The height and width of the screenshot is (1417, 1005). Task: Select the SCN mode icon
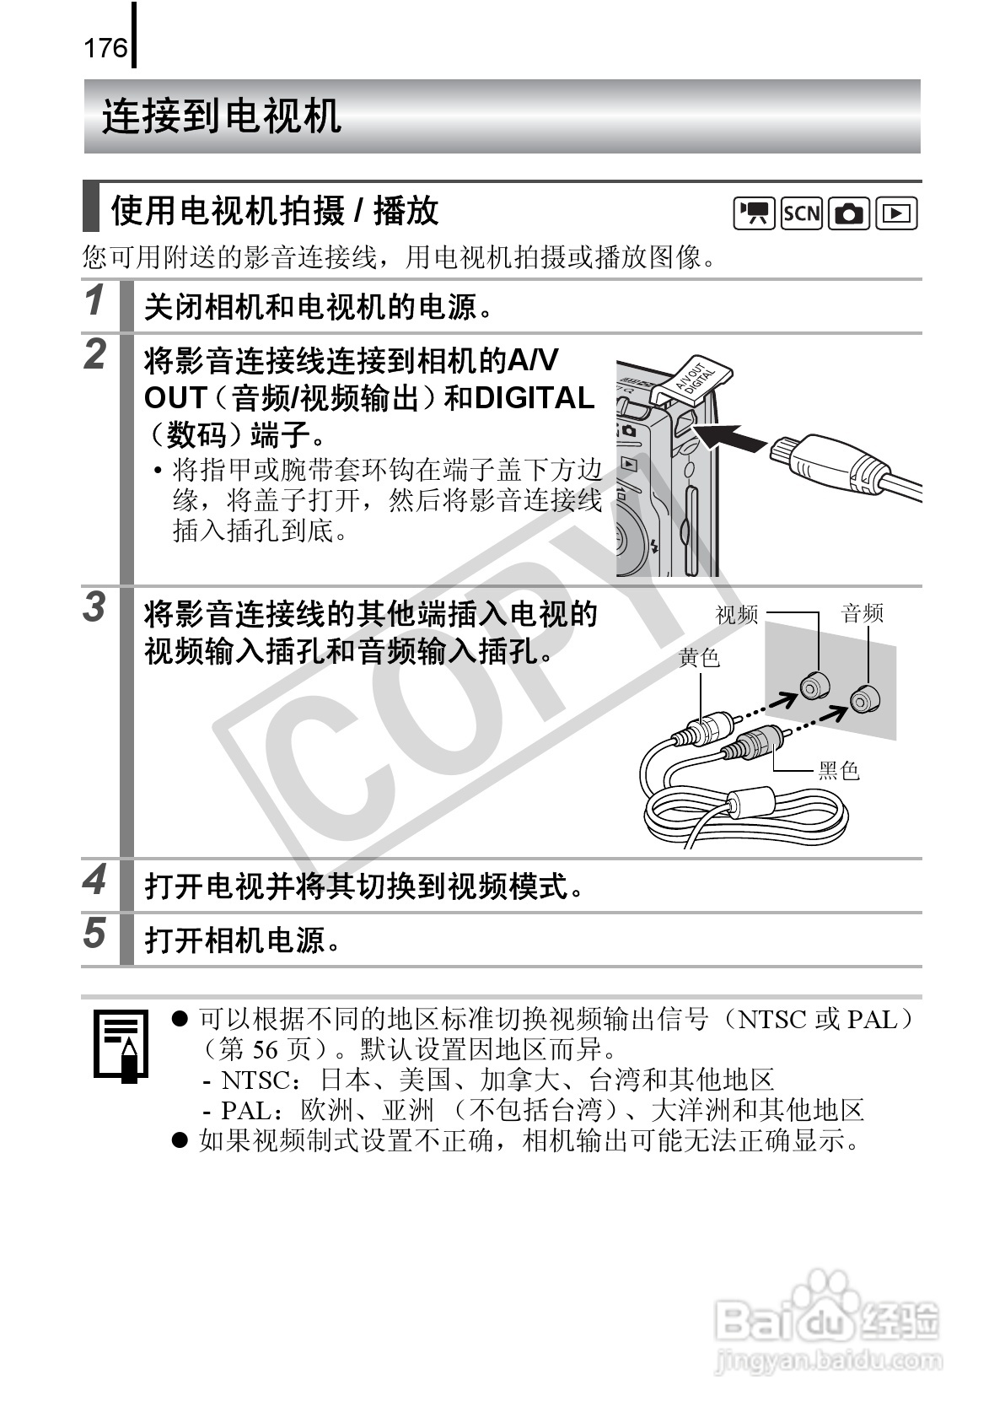[801, 214]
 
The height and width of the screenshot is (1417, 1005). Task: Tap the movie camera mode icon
[754, 214]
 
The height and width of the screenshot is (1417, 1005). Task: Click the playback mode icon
[896, 214]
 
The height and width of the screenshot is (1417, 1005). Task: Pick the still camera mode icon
[849, 214]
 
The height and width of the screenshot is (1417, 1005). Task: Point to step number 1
[95, 300]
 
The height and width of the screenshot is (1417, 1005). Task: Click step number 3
[94, 607]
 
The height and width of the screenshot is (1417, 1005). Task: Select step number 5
[94, 933]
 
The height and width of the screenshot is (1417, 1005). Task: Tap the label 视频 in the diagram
[737, 614]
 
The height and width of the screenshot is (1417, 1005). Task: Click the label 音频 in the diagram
[862, 613]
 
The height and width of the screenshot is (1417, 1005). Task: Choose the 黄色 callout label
[700, 658]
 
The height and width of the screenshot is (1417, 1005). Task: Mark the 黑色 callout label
[839, 771]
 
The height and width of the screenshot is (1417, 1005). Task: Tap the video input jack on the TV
[814, 686]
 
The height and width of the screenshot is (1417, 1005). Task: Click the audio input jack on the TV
[864, 698]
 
